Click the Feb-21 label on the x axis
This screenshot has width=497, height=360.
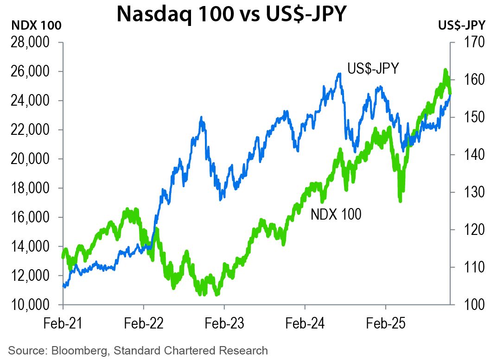coord(63,323)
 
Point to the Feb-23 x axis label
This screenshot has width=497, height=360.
coord(224,323)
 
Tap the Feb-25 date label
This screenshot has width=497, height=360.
coord(386,323)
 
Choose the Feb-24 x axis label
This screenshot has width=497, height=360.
coord(305,323)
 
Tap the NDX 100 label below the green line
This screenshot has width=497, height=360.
coord(336,214)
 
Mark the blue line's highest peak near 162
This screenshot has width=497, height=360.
coord(339,74)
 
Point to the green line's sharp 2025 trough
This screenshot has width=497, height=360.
coord(401,201)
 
